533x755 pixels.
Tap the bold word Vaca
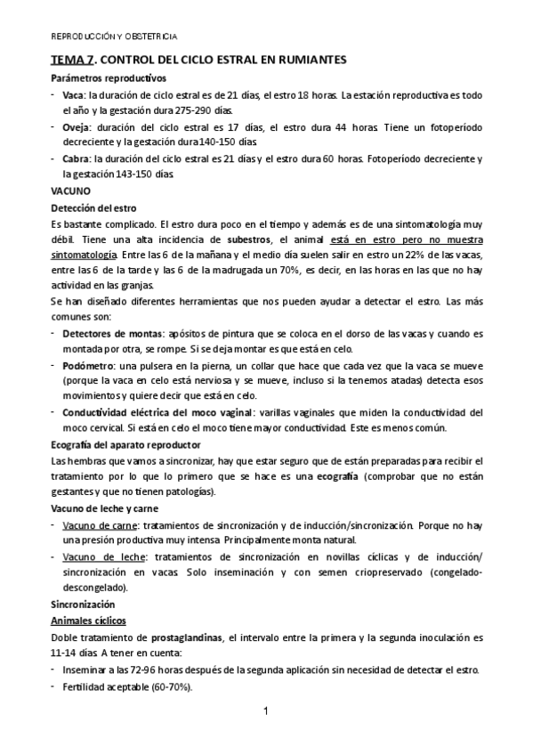coord(73,94)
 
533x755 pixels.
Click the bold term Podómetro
coord(87,366)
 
